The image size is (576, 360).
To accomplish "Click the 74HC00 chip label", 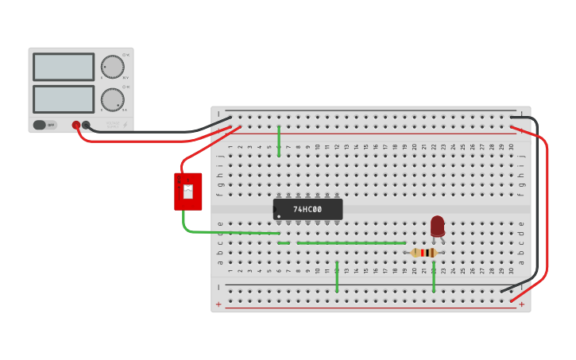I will (307, 210).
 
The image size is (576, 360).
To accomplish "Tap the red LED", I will (437, 226).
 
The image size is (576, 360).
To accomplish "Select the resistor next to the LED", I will (424, 253).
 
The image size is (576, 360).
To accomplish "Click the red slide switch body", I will (188, 192).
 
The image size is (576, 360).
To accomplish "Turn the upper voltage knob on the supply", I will (112, 67).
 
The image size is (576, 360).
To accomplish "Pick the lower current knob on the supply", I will (112, 99).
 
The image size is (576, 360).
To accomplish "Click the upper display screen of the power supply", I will (64, 67).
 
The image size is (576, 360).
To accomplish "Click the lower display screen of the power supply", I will (64, 99).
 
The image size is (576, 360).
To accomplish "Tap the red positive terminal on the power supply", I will (76, 125).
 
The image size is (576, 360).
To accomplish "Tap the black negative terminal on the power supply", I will (86, 125).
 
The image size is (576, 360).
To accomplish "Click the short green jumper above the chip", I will (279, 141).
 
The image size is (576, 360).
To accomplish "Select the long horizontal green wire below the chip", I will (350, 242).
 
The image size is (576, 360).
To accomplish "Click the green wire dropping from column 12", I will (337, 276).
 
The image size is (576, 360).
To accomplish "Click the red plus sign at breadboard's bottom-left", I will (218, 304).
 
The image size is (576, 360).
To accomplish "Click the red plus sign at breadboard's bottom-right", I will (522, 304).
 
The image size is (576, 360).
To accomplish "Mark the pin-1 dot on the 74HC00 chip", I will (278, 216).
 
